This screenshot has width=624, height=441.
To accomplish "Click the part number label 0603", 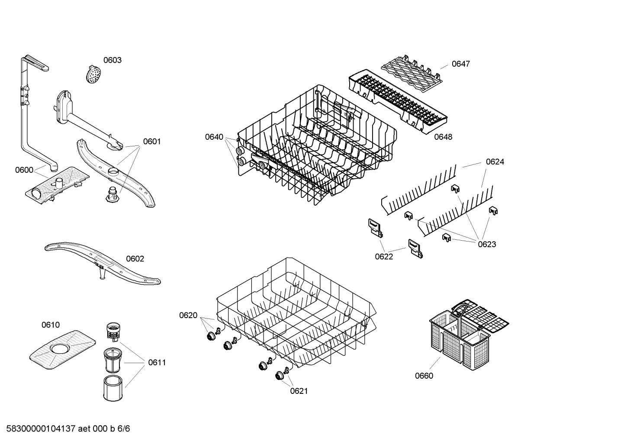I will (x=112, y=60).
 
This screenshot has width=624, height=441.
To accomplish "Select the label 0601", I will (x=151, y=142).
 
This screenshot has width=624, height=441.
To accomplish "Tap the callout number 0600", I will (x=24, y=170).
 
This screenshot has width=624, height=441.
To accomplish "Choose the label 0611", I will (x=157, y=363).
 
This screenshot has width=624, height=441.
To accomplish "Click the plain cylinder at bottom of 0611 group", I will (x=113, y=388).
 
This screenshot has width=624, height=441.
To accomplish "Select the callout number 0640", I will (x=214, y=137).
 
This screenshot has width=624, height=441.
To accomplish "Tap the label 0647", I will (x=460, y=64).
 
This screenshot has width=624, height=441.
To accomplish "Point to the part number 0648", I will (x=443, y=137).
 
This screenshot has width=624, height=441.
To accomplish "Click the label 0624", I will (x=495, y=162).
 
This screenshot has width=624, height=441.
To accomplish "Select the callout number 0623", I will (x=487, y=245).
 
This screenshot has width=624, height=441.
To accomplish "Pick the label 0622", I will (x=384, y=257).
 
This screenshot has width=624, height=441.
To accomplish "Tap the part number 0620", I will (x=188, y=315).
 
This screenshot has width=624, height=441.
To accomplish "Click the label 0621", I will (x=299, y=391).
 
